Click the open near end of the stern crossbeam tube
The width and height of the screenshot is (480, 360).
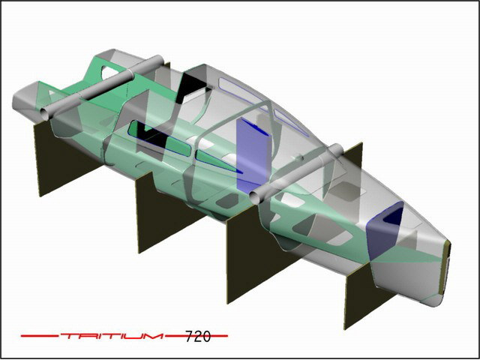tap(255, 197)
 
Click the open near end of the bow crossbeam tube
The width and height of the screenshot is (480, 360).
tap(45, 114)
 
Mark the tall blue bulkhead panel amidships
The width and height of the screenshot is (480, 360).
tap(253, 154)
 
